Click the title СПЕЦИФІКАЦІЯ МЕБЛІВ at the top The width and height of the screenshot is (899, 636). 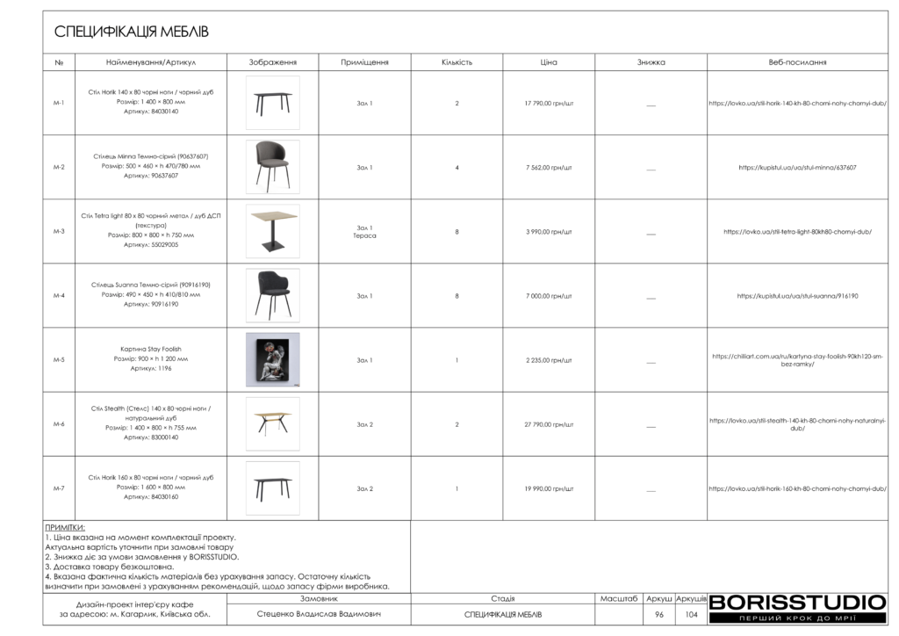pos(132,33)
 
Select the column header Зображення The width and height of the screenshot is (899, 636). pos(272,62)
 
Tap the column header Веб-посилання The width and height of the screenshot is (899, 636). pos(797,62)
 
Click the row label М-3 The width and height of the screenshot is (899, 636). pos(59,232)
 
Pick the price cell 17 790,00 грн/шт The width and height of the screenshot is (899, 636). pos(549,104)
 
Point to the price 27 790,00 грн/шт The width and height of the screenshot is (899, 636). pos(549,424)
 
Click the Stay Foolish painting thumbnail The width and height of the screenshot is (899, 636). pos(272,360)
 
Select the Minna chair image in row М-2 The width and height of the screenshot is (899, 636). pos(272,167)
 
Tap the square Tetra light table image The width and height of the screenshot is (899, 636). pos(272,232)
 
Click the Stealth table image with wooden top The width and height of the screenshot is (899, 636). pos(272,424)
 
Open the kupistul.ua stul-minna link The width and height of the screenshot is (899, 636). pos(797,167)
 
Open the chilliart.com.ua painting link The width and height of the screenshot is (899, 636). pos(797,360)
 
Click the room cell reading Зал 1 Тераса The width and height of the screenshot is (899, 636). pos(364,232)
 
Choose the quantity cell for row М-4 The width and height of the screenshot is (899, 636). pos(457,296)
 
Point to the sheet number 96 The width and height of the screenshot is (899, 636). pos(658,615)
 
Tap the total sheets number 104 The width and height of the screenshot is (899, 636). pos(691,615)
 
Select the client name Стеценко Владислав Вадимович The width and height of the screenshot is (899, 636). pos(320,615)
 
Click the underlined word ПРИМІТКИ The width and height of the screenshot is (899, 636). pos(65,528)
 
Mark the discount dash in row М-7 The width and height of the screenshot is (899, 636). pos(651,489)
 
